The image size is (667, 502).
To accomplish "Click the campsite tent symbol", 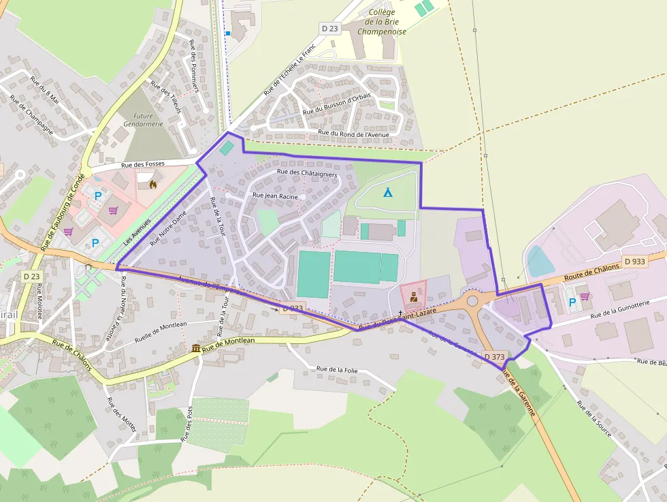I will (x=387, y=192).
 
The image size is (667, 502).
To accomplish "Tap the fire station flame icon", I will (x=151, y=183).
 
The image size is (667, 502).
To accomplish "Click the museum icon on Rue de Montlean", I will (x=196, y=349).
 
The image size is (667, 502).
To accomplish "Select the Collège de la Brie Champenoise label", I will (x=382, y=22).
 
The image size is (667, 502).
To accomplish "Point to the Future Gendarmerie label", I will (x=144, y=120).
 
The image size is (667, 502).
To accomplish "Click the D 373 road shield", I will (x=495, y=356).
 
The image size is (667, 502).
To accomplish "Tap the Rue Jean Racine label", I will (x=276, y=195).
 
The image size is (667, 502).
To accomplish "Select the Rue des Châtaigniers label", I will (x=308, y=173).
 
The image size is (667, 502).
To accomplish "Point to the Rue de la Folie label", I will (x=337, y=369).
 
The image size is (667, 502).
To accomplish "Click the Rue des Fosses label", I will (x=143, y=164).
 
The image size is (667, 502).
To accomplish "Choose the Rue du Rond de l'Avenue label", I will (x=353, y=134).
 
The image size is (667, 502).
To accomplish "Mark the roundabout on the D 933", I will (x=472, y=300).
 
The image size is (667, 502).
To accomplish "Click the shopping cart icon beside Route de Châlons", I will (x=585, y=296).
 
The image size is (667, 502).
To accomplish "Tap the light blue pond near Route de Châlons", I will (x=538, y=261).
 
